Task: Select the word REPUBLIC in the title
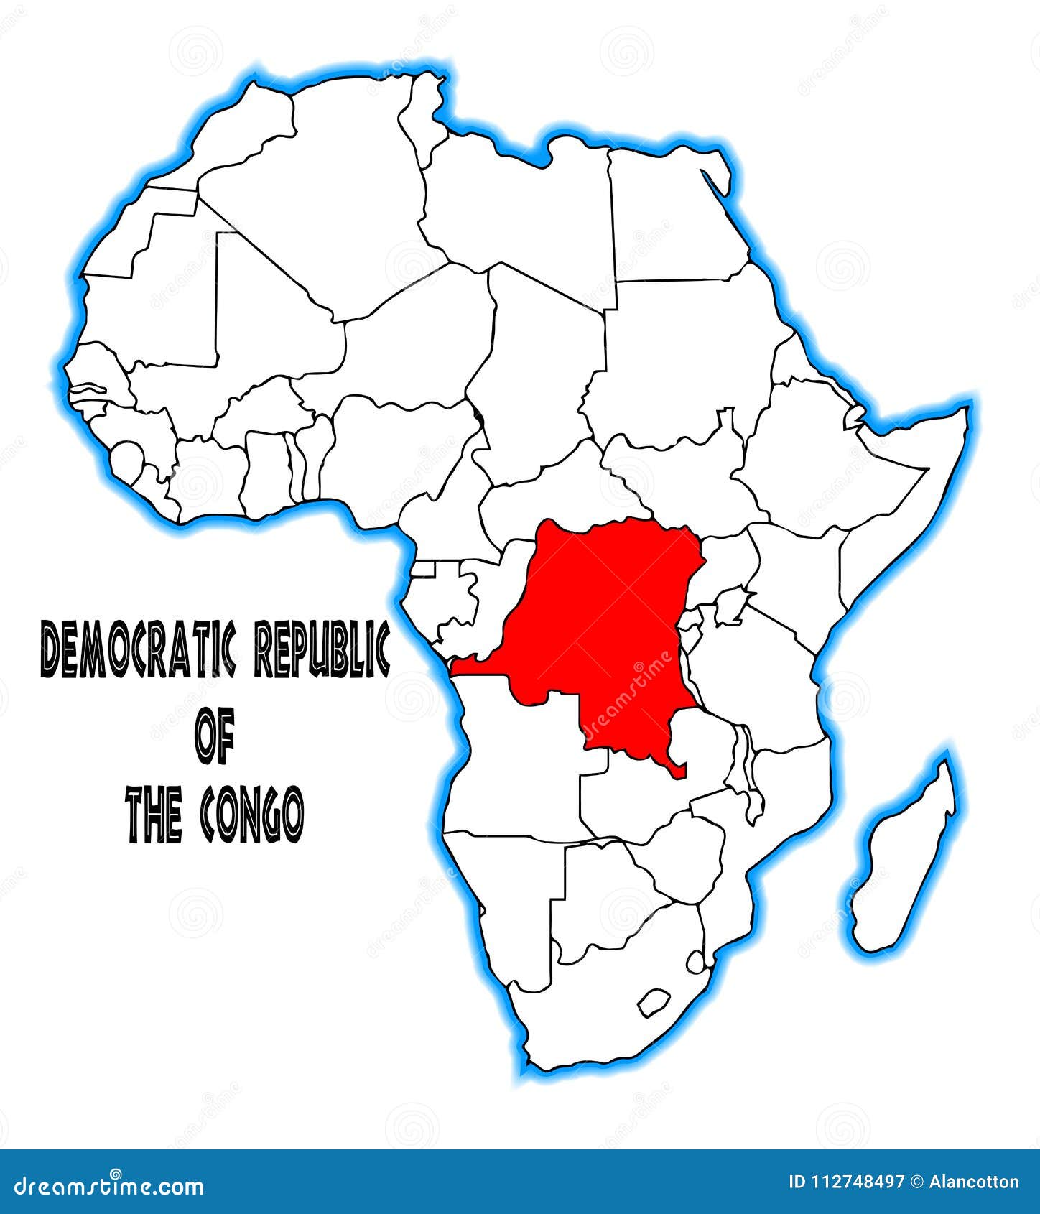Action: pyautogui.click(x=323, y=649)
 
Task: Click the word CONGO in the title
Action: pyautogui.click(x=251, y=815)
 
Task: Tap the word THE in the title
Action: pyautogui.click(x=154, y=815)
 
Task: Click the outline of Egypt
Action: pyautogui.click(x=668, y=216)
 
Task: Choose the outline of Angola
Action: pyautogui.click(x=517, y=761)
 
